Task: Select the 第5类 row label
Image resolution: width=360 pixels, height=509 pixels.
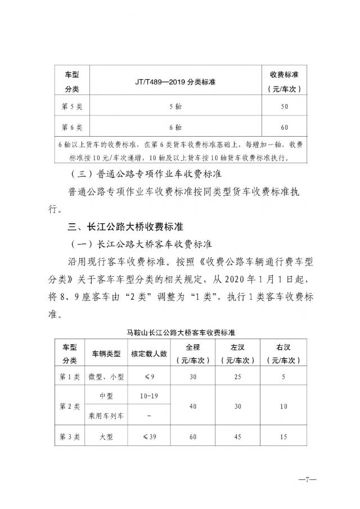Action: tap(71, 106)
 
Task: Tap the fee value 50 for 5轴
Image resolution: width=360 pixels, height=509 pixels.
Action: tap(283, 106)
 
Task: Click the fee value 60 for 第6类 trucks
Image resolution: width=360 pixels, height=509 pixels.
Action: tap(283, 127)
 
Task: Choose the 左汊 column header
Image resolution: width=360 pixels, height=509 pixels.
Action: tap(240, 353)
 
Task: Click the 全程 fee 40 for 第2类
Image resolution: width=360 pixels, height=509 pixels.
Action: tap(193, 406)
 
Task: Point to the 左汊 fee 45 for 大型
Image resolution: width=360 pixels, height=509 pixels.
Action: tap(240, 436)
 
